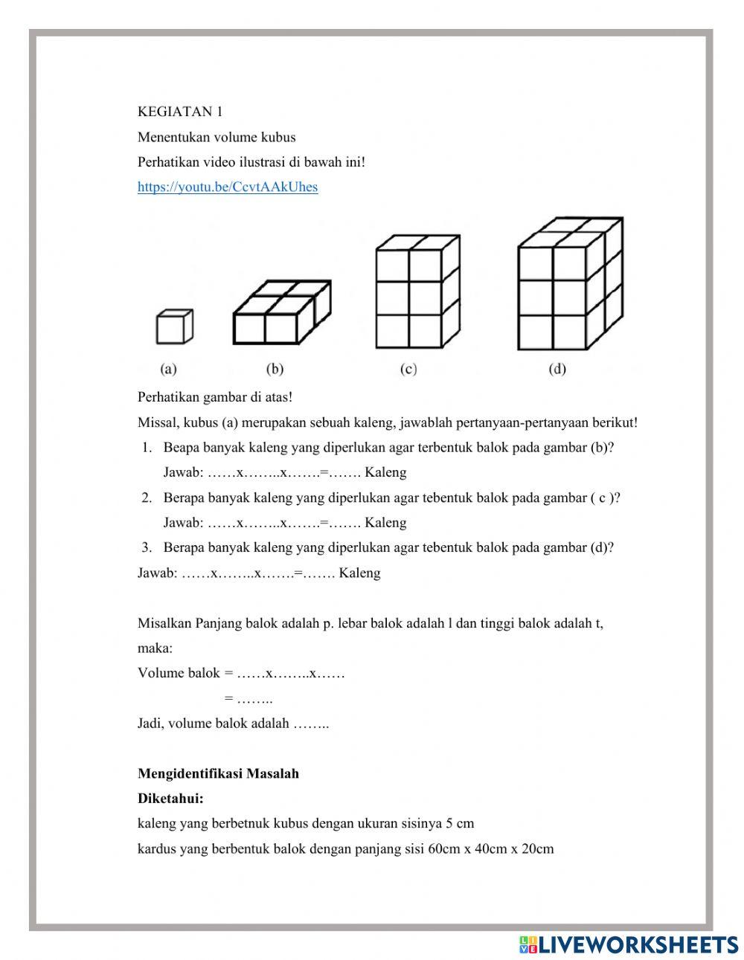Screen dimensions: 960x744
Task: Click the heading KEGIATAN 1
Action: (x=179, y=112)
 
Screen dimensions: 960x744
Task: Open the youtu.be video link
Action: (x=227, y=187)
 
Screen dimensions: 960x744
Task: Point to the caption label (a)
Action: (x=168, y=369)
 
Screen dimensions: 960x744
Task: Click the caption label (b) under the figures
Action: (x=275, y=369)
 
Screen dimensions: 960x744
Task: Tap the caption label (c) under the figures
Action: (x=408, y=369)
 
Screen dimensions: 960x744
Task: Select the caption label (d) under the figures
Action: (x=557, y=369)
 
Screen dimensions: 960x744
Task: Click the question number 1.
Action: (x=147, y=448)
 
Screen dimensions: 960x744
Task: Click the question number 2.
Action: (x=147, y=497)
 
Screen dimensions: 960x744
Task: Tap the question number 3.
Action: (x=147, y=547)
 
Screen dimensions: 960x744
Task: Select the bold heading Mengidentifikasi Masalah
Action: (x=218, y=773)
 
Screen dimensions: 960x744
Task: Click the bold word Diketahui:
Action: (x=170, y=799)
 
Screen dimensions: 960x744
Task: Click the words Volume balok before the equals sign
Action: (x=179, y=673)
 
